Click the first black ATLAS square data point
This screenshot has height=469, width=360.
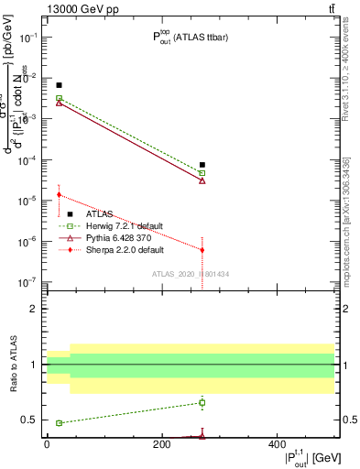tap(59, 85)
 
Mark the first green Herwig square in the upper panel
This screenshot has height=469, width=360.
tap(59, 98)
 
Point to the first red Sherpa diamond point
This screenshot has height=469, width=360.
tap(59, 194)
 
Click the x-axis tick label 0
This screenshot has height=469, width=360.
tap(47, 445)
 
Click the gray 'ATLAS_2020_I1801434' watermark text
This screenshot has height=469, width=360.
tap(190, 274)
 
